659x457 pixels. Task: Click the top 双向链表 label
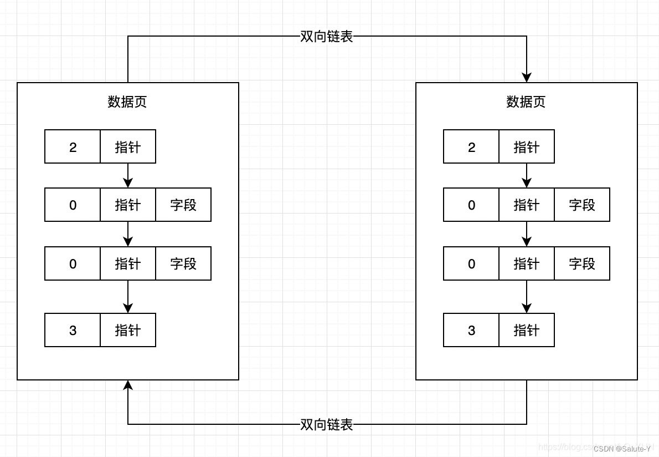[x=327, y=37]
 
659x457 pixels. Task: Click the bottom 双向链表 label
[x=327, y=425]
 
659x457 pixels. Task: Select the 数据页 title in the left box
[x=127, y=102]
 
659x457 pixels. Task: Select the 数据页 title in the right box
[x=526, y=102]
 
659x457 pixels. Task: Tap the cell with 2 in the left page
[x=73, y=147]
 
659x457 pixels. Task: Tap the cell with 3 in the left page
[x=73, y=331]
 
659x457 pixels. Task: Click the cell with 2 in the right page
[x=471, y=147]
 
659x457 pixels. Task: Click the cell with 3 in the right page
[x=471, y=331]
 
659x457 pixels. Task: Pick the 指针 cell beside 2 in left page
[x=128, y=147]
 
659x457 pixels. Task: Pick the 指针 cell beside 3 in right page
[x=527, y=331]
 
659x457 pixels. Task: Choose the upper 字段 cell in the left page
[x=183, y=205]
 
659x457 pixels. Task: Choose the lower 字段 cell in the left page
[x=183, y=264]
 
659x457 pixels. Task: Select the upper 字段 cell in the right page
[x=582, y=205]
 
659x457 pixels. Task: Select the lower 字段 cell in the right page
[x=582, y=264]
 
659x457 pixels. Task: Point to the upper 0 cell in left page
[x=73, y=205]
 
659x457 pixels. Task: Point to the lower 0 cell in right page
[x=471, y=264]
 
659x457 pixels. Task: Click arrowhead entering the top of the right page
[x=527, y=77]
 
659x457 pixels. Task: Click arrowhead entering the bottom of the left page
[x=128, y=385]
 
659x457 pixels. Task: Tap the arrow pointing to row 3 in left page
[x=128, y=308]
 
